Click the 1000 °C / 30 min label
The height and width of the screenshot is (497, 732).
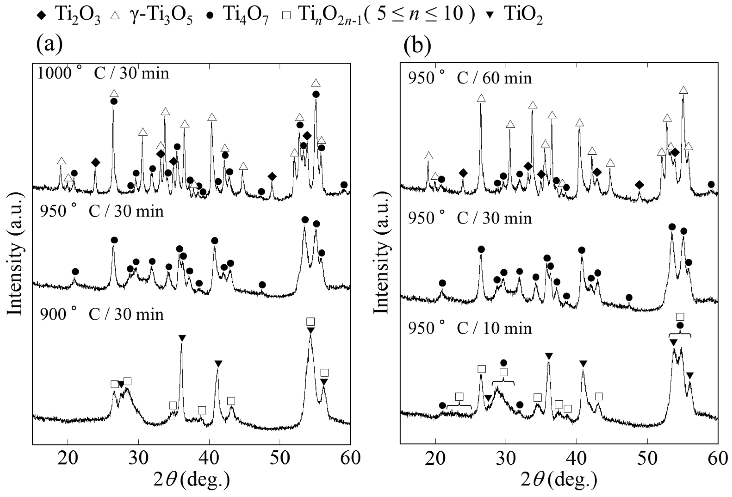(103, 73)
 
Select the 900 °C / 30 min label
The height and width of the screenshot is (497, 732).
(102, 314)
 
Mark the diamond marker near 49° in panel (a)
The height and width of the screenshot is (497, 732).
(272, 177)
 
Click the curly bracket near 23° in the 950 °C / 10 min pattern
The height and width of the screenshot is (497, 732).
(459, 406)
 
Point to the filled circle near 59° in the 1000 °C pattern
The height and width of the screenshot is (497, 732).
(344, 185)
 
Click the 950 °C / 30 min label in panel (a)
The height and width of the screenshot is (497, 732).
(102, 211)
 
